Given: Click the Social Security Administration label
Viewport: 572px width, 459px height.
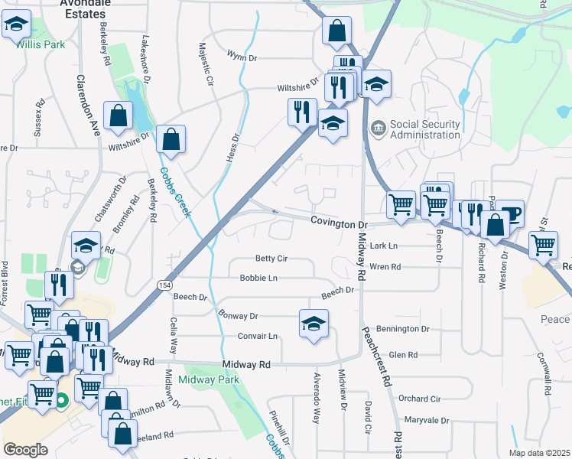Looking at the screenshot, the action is (x=424, y=129).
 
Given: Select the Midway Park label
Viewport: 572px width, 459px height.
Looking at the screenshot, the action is (x=209, y=379).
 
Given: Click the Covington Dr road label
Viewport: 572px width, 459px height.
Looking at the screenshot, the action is (x=340, y=223).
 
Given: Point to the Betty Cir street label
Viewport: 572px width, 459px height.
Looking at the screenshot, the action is (x=271, y=259).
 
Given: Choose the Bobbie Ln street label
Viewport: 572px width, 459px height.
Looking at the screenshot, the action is (x=258, y=278).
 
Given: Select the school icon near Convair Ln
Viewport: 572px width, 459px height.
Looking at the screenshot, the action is (x=314, y=324).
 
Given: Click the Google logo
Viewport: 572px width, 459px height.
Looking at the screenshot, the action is (x=25, y=450).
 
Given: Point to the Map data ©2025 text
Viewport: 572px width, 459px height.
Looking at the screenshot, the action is (x=539, y=453).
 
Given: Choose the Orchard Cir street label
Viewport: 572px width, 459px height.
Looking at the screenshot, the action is (x=419, y=399).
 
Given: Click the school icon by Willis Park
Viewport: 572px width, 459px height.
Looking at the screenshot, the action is (x=15, y=26).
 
